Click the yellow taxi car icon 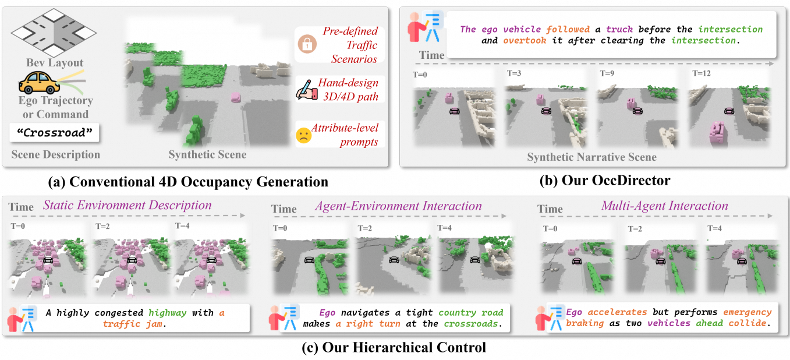39,83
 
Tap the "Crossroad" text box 54,133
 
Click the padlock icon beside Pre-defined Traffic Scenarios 307,44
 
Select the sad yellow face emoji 304,135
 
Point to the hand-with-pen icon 306,90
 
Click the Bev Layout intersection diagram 54,33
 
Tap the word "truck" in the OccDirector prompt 619,29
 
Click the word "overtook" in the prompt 525,41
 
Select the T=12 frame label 701,73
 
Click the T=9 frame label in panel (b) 607,73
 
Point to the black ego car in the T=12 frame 729,111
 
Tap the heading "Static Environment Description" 127,205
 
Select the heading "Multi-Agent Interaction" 664,206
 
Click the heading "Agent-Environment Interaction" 399,206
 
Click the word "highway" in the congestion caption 167,313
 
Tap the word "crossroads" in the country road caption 470,324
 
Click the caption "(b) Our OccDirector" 605,181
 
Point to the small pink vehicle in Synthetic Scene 236,97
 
